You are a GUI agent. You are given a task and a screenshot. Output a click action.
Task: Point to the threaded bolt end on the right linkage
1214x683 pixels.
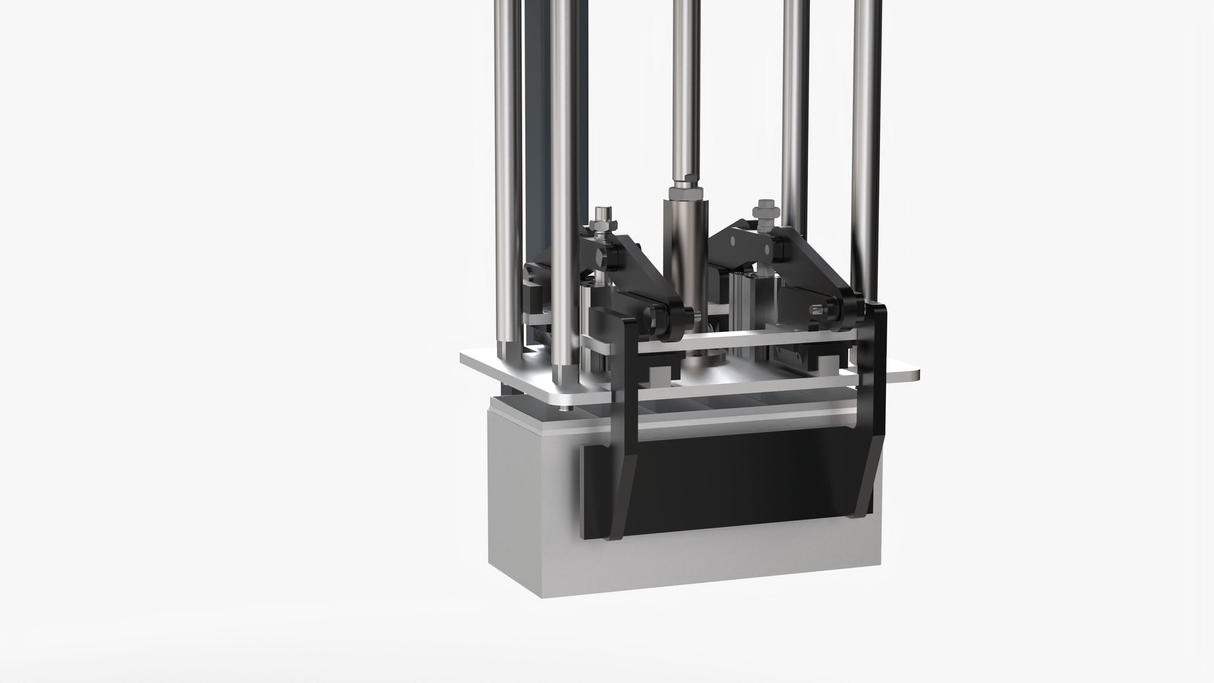815,311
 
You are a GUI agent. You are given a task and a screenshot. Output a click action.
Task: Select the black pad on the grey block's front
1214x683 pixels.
727,481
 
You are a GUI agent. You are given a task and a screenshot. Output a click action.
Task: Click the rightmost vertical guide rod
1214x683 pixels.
866,126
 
